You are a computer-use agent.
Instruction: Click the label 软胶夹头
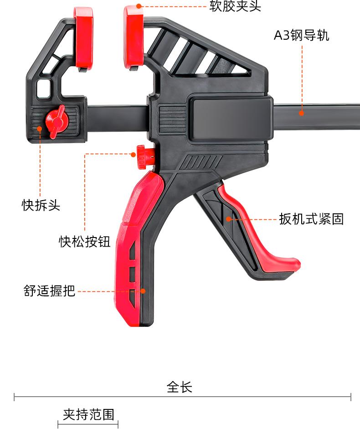pos(235,6)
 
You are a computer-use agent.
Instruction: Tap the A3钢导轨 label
pos(301,36)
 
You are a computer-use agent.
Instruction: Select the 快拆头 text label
pos(41,205)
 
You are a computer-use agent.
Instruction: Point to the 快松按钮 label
pos(85,241)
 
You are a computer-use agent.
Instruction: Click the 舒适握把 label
pos(49,290)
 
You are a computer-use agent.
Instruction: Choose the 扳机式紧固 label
pos(311,219)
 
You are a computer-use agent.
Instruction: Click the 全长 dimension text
pos(180,387)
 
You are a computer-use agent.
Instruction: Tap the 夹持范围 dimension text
pos(88,414)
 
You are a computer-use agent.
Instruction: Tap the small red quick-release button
pos(143,155)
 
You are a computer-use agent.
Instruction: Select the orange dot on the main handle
pos(143,290)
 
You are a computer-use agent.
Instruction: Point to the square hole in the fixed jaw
pos(44,88)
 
